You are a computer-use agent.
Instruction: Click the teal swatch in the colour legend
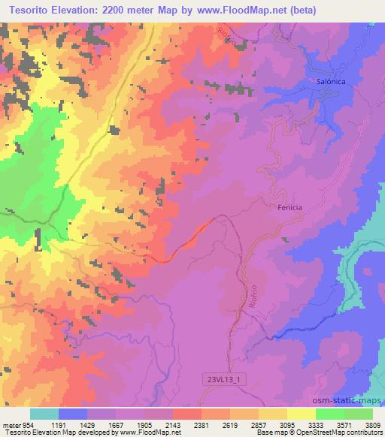tap(44, 414)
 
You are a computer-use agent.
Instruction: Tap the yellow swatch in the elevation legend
tap(302, 414)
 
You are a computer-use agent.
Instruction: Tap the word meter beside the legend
tap(11, 424)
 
